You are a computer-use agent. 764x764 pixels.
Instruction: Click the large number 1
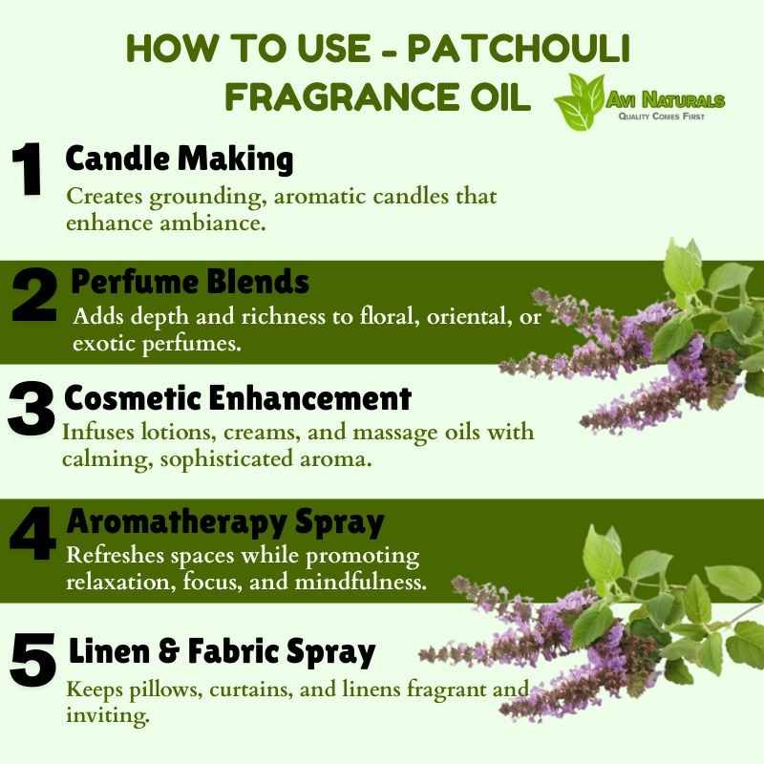28,169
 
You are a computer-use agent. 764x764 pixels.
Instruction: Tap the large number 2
34,295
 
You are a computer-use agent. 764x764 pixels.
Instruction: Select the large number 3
32,409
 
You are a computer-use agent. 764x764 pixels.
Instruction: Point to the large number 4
33,533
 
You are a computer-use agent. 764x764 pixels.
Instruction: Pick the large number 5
33,659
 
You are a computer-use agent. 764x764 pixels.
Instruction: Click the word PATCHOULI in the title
519,49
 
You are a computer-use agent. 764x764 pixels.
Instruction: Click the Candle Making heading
180,159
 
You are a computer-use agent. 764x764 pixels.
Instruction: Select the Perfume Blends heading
190,282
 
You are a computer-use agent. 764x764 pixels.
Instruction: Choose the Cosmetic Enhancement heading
238,397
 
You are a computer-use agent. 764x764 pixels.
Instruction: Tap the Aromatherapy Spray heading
225,522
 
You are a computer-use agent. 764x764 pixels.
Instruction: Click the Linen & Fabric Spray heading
223,651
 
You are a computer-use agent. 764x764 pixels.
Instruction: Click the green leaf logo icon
580,102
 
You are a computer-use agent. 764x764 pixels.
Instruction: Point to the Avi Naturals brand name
666,100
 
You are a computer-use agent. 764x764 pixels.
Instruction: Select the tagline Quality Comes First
661,116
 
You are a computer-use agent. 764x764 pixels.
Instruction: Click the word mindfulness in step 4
361,583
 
